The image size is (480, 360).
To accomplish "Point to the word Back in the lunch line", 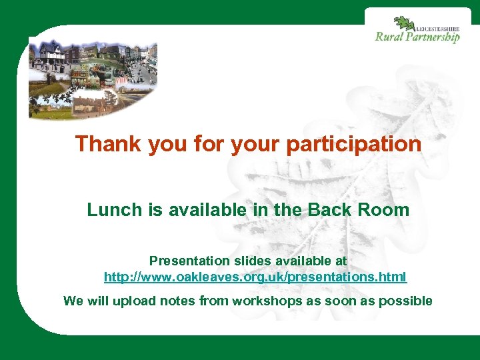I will (327, 210).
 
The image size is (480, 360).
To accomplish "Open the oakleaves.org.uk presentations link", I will (255, 276).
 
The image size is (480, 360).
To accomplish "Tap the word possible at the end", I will (405, 301).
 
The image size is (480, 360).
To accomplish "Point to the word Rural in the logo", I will (388, 37).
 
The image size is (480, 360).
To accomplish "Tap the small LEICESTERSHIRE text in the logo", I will (437, 28).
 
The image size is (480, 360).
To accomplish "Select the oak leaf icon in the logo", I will (404, 25).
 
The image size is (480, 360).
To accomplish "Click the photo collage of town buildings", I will (93, 78).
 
